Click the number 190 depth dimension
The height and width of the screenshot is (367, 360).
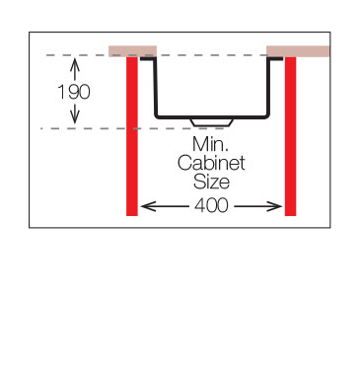(74, 92)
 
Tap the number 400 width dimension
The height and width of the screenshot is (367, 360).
(211, 205)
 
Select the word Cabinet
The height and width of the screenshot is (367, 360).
(211, 163)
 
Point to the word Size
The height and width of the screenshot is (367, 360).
(211, 182)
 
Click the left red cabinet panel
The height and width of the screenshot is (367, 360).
(132, 136)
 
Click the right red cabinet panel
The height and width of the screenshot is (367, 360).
(290, 136)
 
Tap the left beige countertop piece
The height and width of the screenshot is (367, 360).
(133, 51)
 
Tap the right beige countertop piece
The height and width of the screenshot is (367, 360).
(298, 51)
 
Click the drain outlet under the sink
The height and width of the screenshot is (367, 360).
(212, 122)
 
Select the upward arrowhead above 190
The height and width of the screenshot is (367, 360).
(75, 63)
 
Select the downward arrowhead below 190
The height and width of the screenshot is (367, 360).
(75, 118)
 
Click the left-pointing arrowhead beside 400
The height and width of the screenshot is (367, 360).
(147, 206)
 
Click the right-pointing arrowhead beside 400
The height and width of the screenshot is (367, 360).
(275, 206)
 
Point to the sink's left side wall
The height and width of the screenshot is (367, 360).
(156, 87)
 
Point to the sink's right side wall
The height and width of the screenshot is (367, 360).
(269, 87)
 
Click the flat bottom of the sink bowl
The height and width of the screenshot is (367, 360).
(212, 116)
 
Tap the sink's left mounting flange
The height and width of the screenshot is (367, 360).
(147, 58)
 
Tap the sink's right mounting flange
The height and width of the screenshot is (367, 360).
(275, 58)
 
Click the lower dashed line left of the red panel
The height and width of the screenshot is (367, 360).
(84, 128)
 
